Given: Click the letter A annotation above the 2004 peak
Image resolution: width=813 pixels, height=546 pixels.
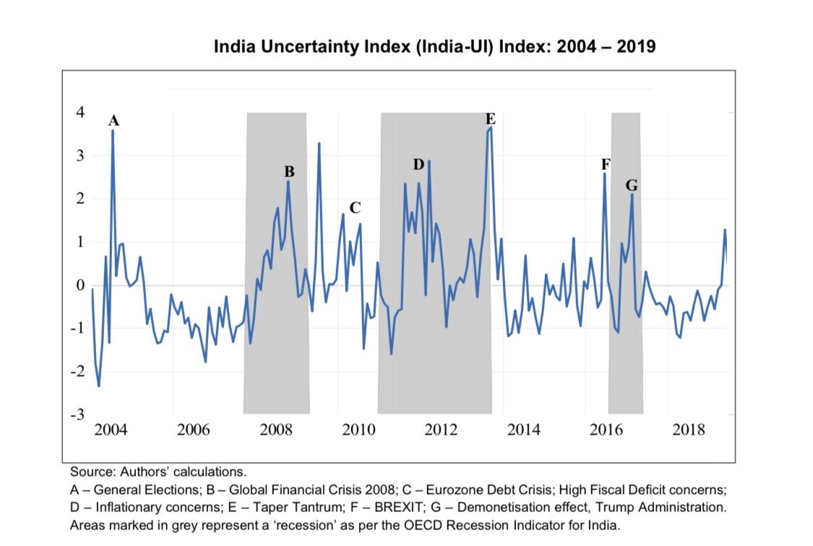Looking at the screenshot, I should point(113,121).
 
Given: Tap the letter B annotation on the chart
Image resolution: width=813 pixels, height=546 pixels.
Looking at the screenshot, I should point(289,172).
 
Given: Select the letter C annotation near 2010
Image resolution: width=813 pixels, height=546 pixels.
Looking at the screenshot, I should point(355,208).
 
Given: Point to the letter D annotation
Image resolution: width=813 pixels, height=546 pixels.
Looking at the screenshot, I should point(418,165).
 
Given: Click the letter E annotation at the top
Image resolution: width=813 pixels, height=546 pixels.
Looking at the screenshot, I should point(491,119).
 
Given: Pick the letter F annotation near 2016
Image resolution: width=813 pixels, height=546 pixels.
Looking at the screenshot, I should point(606,165).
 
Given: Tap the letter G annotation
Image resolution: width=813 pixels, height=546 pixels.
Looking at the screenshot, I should point(632,187).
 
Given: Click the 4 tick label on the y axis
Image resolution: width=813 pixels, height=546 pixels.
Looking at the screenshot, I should point(81,113).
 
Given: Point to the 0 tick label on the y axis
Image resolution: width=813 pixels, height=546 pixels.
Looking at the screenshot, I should point(81,285).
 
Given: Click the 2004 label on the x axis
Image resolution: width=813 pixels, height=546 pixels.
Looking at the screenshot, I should point(111,431).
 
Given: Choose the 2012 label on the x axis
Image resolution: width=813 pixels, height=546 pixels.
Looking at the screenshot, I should point(441,431).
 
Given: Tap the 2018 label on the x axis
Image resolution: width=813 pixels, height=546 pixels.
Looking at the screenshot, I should point(689,431).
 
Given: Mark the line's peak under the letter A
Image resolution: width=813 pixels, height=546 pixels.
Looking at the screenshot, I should point(113,132).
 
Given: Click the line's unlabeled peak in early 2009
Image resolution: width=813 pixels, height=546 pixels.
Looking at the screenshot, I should point(319,144).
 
